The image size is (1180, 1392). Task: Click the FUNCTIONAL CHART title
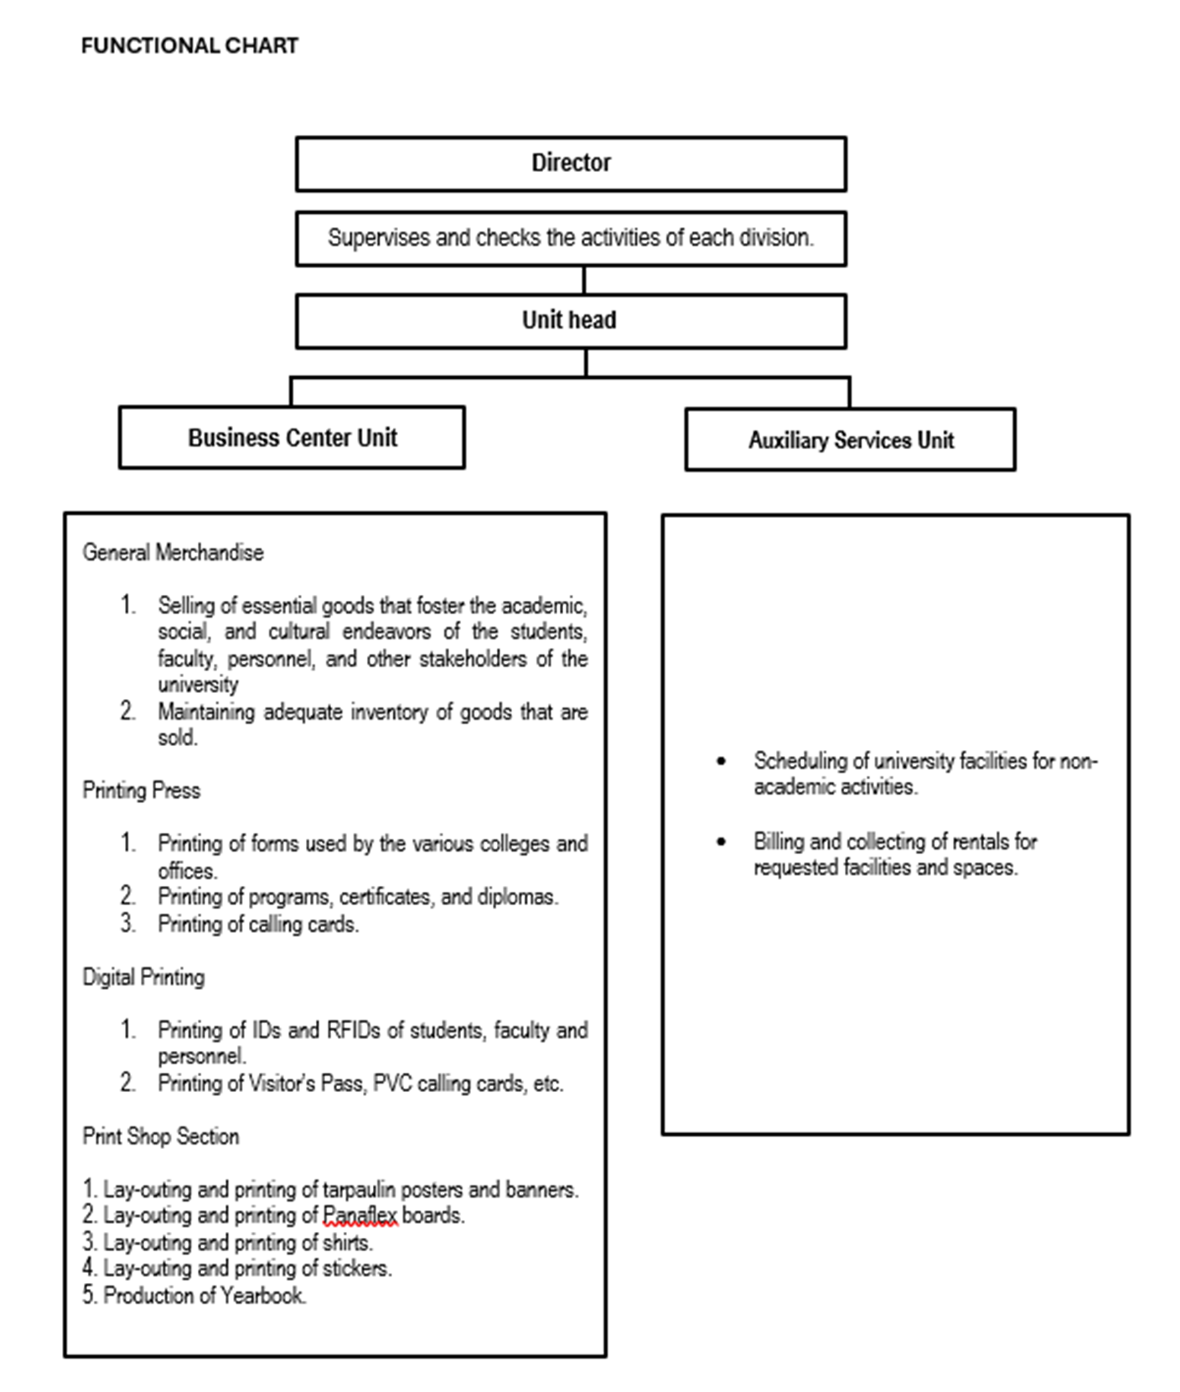(189, 45)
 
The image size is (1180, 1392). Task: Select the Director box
(571, 163)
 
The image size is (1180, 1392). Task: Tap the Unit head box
(571, 320)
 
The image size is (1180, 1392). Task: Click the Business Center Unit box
(292, 437)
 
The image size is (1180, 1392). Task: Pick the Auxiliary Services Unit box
(850, 440)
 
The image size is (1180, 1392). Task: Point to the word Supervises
(378, 238)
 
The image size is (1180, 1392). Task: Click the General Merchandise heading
(173, 552)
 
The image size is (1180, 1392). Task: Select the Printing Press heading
(141, 790)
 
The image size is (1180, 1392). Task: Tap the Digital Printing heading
(143, 977)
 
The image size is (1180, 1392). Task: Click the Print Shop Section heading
(161, 1136)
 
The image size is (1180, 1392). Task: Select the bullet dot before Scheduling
(722, 761)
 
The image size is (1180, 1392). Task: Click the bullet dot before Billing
(722, 841)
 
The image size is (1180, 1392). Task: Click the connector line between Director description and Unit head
(584, 280)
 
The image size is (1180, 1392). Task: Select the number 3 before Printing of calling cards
(127, 924)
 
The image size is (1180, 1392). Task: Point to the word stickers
(356, 1269)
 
